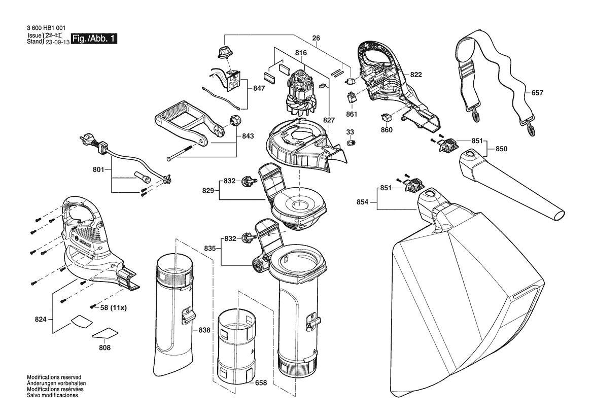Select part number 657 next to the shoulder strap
coord(537,93)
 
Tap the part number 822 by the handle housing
coord(415,75)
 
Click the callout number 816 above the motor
coord(301,53)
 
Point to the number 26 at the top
coord(316,38)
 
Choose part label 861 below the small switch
coord(352,114)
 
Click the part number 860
coord(387,130)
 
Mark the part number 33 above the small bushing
coord(350,132)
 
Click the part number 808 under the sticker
coord(105,347)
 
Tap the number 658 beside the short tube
coord(261,382)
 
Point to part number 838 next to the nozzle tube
coord(204,330)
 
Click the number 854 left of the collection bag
coord(362,202)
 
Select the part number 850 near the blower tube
coord(501,149)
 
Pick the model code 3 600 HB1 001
coord(46,27)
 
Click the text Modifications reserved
coord(54,377)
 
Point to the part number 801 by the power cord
coord(98,170)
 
